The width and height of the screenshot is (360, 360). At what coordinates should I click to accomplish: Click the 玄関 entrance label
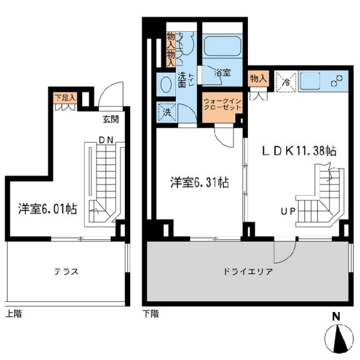[110, 119]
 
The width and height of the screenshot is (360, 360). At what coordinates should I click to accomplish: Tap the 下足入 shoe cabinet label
[65, 98]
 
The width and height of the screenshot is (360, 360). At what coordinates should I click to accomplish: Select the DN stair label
[106, 140]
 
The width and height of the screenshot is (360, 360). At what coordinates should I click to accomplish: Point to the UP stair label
[288, 211]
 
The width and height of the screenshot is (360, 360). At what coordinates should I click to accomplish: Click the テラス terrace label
[66, 272]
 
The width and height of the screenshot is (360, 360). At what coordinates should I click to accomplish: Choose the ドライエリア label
[248, 272]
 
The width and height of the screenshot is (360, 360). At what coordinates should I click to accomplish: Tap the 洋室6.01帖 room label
[47, 209]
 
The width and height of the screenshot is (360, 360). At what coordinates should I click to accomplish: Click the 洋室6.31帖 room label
[199, 182]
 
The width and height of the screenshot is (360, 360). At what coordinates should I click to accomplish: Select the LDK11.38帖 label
[299, 151]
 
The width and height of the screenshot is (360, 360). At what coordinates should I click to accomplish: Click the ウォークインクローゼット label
[223, 104]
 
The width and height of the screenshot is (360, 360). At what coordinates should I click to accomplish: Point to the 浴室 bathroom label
[222, 73]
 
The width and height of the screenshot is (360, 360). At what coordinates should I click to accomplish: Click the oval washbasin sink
[166, 85]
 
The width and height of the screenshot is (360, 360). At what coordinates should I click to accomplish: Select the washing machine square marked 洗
[167, 113]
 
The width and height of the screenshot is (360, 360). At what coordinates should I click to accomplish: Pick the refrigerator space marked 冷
[286, 82]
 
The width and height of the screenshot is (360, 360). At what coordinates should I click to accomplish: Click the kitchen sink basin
[310, 81]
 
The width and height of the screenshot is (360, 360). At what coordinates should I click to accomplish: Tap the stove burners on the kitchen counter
[337, 81]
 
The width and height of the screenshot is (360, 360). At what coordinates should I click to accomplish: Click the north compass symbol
[339, 337]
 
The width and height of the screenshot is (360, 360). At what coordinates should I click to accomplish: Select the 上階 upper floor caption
[14, 314]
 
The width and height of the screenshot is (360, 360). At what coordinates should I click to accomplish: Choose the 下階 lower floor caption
[151, 314]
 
